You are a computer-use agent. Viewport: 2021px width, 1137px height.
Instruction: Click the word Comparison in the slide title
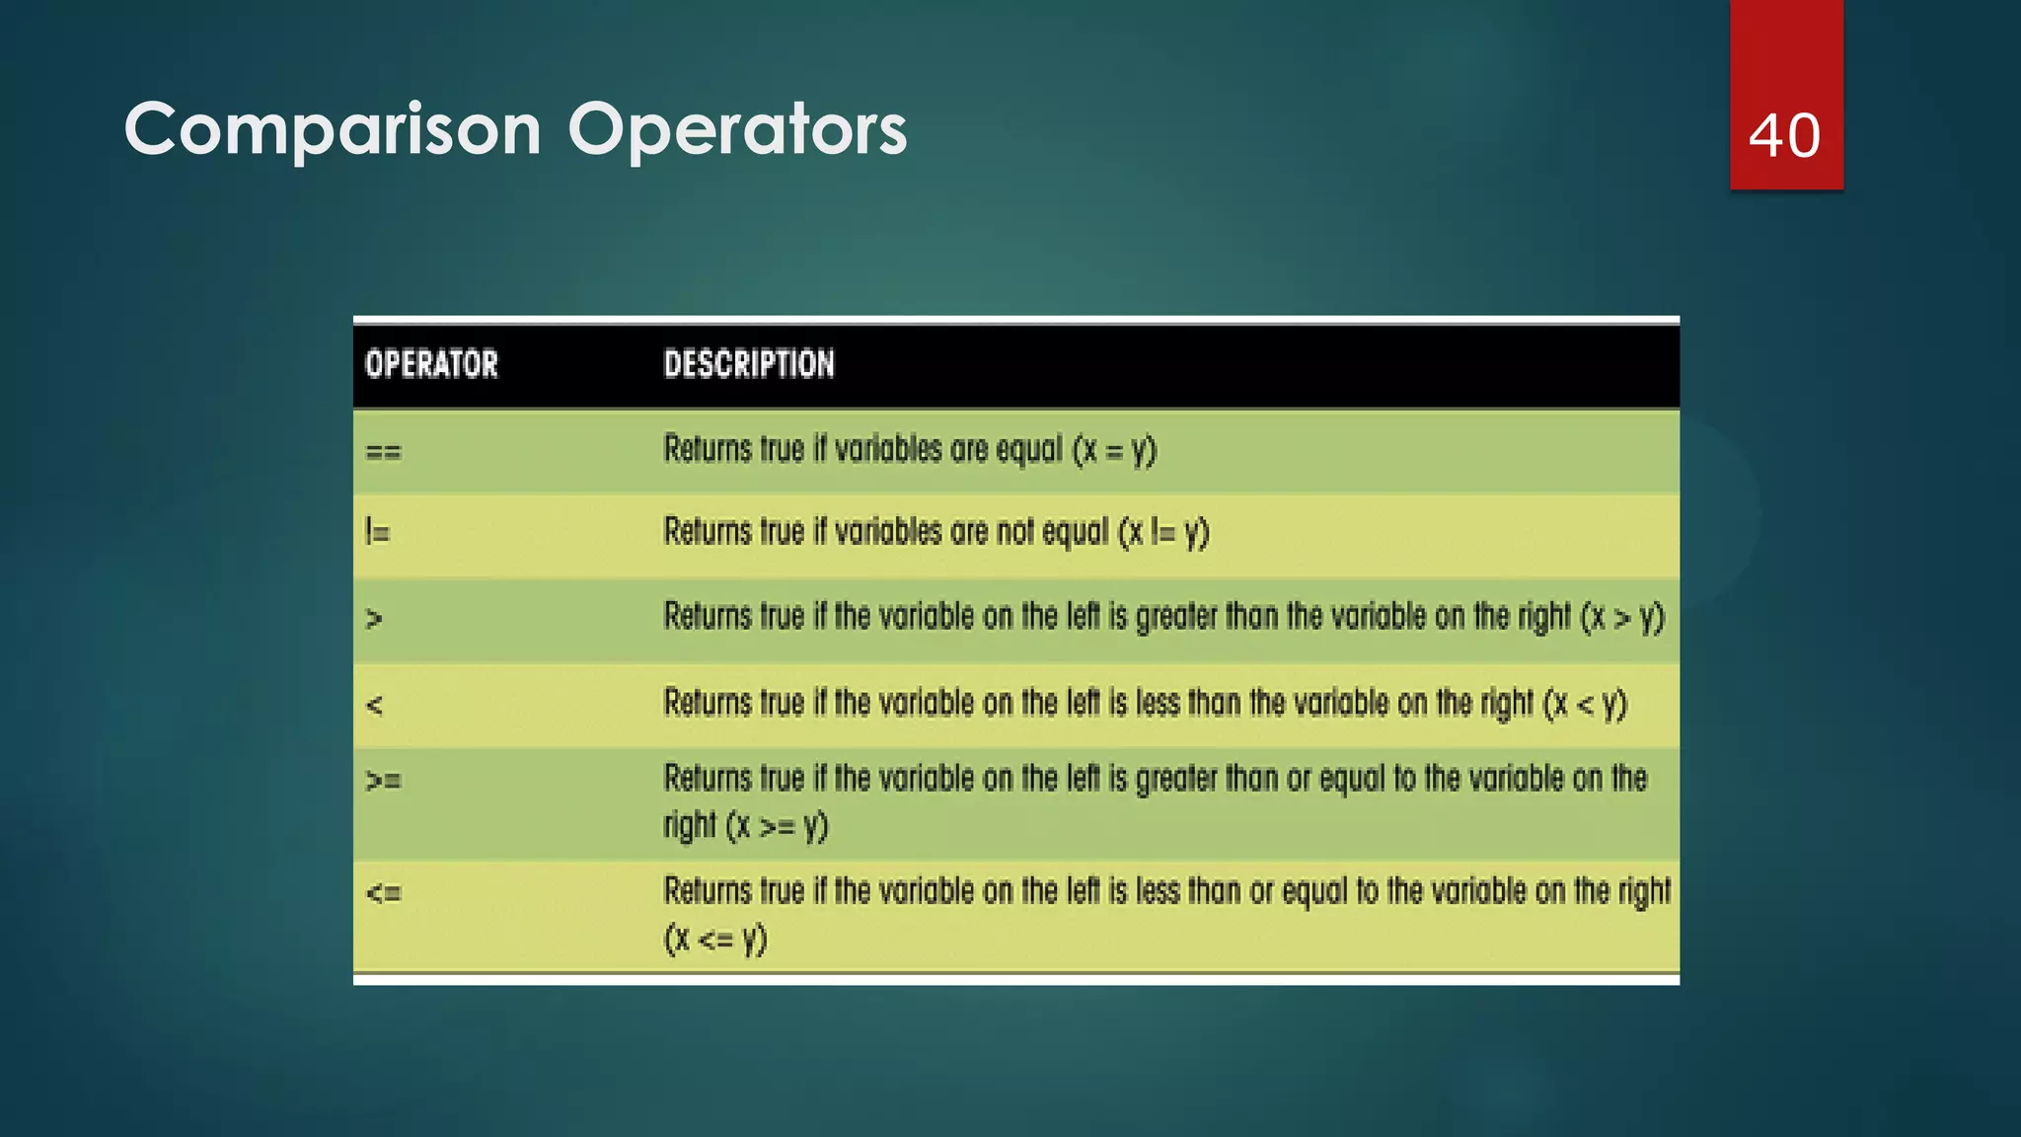point(333,129)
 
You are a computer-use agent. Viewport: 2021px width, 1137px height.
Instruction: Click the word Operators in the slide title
point(737,129)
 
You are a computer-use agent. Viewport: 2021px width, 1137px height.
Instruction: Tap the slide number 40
point(1784,135)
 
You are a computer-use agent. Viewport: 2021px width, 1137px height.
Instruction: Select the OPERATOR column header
point(431,364)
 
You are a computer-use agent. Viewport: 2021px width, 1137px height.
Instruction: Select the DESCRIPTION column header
point(749,364)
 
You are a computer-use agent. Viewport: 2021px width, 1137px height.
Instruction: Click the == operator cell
point(383,452)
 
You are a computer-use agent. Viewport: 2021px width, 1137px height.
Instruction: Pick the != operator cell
point(377,533)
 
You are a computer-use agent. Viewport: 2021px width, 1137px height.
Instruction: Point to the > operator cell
point(374,619)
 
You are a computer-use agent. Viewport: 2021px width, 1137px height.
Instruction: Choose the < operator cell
point(374,705)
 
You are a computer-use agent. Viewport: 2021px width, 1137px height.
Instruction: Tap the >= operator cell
point(383,781)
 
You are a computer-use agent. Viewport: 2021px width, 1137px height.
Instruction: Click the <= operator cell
point(383,893)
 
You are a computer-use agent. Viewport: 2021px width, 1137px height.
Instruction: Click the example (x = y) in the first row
point(1114,451)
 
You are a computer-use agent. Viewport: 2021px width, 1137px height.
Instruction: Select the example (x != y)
point(1162,533)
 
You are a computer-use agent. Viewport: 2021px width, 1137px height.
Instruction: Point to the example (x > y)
point(1622,618)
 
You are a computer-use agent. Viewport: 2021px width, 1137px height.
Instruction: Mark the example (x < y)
point(1585,704)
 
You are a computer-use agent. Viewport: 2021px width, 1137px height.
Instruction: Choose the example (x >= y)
point(777,825)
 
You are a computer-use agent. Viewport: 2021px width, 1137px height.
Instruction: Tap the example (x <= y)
point(715,939)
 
